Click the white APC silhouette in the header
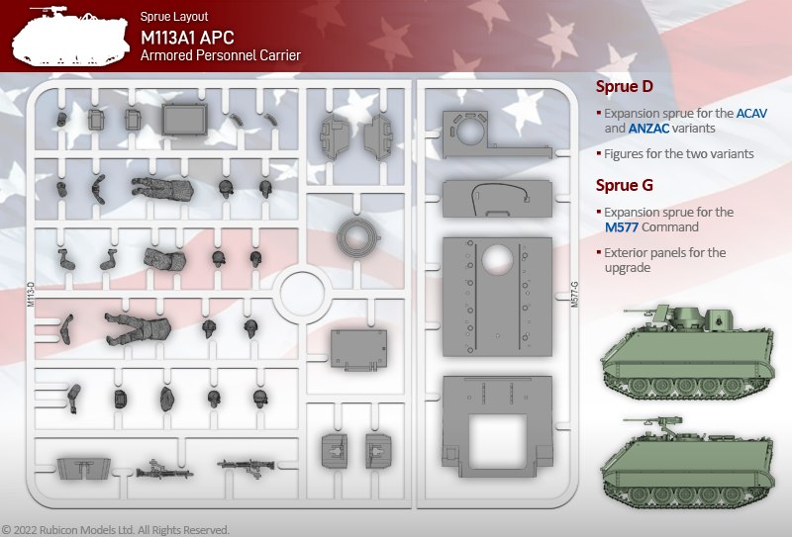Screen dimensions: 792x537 (x=69, y=38)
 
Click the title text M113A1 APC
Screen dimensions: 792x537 (x=187, y=38)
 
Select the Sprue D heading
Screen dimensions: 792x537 (x=625, y=87)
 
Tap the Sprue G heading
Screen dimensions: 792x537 (x=625, y=186)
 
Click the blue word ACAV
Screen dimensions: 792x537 (x=751, y=113)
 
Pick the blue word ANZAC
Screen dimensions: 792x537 (x=648, y=129)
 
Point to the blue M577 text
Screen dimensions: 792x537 (x=622, y=227)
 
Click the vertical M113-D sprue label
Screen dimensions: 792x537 (x=31, y=295)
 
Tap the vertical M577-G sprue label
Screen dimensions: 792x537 (x=574, y=295)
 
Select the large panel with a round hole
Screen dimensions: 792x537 (x=497, y=297)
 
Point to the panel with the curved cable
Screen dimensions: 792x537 (x=497, y=199)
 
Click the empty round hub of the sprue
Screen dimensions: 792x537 (x=302, y=294)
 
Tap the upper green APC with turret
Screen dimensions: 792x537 (x=687, y=351)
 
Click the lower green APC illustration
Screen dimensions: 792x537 (x=687, y=462)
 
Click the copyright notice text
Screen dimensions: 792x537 (x=116, y=530)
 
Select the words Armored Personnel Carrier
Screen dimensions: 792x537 (x=221, y=55)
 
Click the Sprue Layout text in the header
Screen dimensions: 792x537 (x=174, y=16)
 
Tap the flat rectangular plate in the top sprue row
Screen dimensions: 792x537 (x=185, y=119)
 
